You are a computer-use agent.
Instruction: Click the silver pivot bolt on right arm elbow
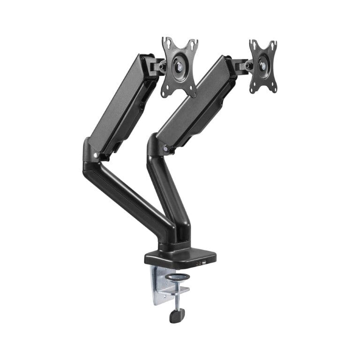(165, 149)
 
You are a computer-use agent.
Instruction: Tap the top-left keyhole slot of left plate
(166, 45)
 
